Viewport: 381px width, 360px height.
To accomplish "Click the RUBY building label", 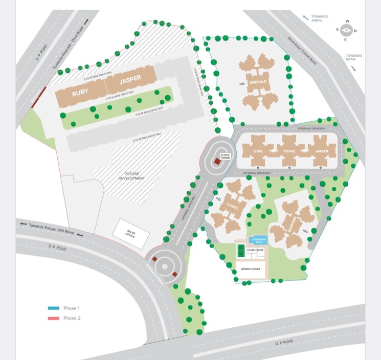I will [x=80, y=93].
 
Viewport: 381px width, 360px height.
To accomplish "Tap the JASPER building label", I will [x=129, y=81].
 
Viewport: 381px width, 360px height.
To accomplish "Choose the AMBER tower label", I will [x=322, y=152].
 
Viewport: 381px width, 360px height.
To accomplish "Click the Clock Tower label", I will [x=225, y=155].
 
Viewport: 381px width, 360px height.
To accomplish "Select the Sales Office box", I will [x=134, y=234].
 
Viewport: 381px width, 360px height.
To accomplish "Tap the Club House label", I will [x=254, y=251].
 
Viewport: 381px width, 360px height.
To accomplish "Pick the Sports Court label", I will [x=251, y=268].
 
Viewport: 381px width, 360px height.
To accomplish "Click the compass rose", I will [x=346, y=30].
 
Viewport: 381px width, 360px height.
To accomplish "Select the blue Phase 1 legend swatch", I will [x=53, y=308].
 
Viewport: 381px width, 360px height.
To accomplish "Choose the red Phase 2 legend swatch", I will [x=53, y=318].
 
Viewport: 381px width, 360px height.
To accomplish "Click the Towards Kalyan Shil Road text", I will [x=51, y=229].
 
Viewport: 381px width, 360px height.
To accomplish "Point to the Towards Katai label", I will [x=354, y=58].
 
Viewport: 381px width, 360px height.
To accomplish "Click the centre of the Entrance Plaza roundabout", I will [x=166, y=265].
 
